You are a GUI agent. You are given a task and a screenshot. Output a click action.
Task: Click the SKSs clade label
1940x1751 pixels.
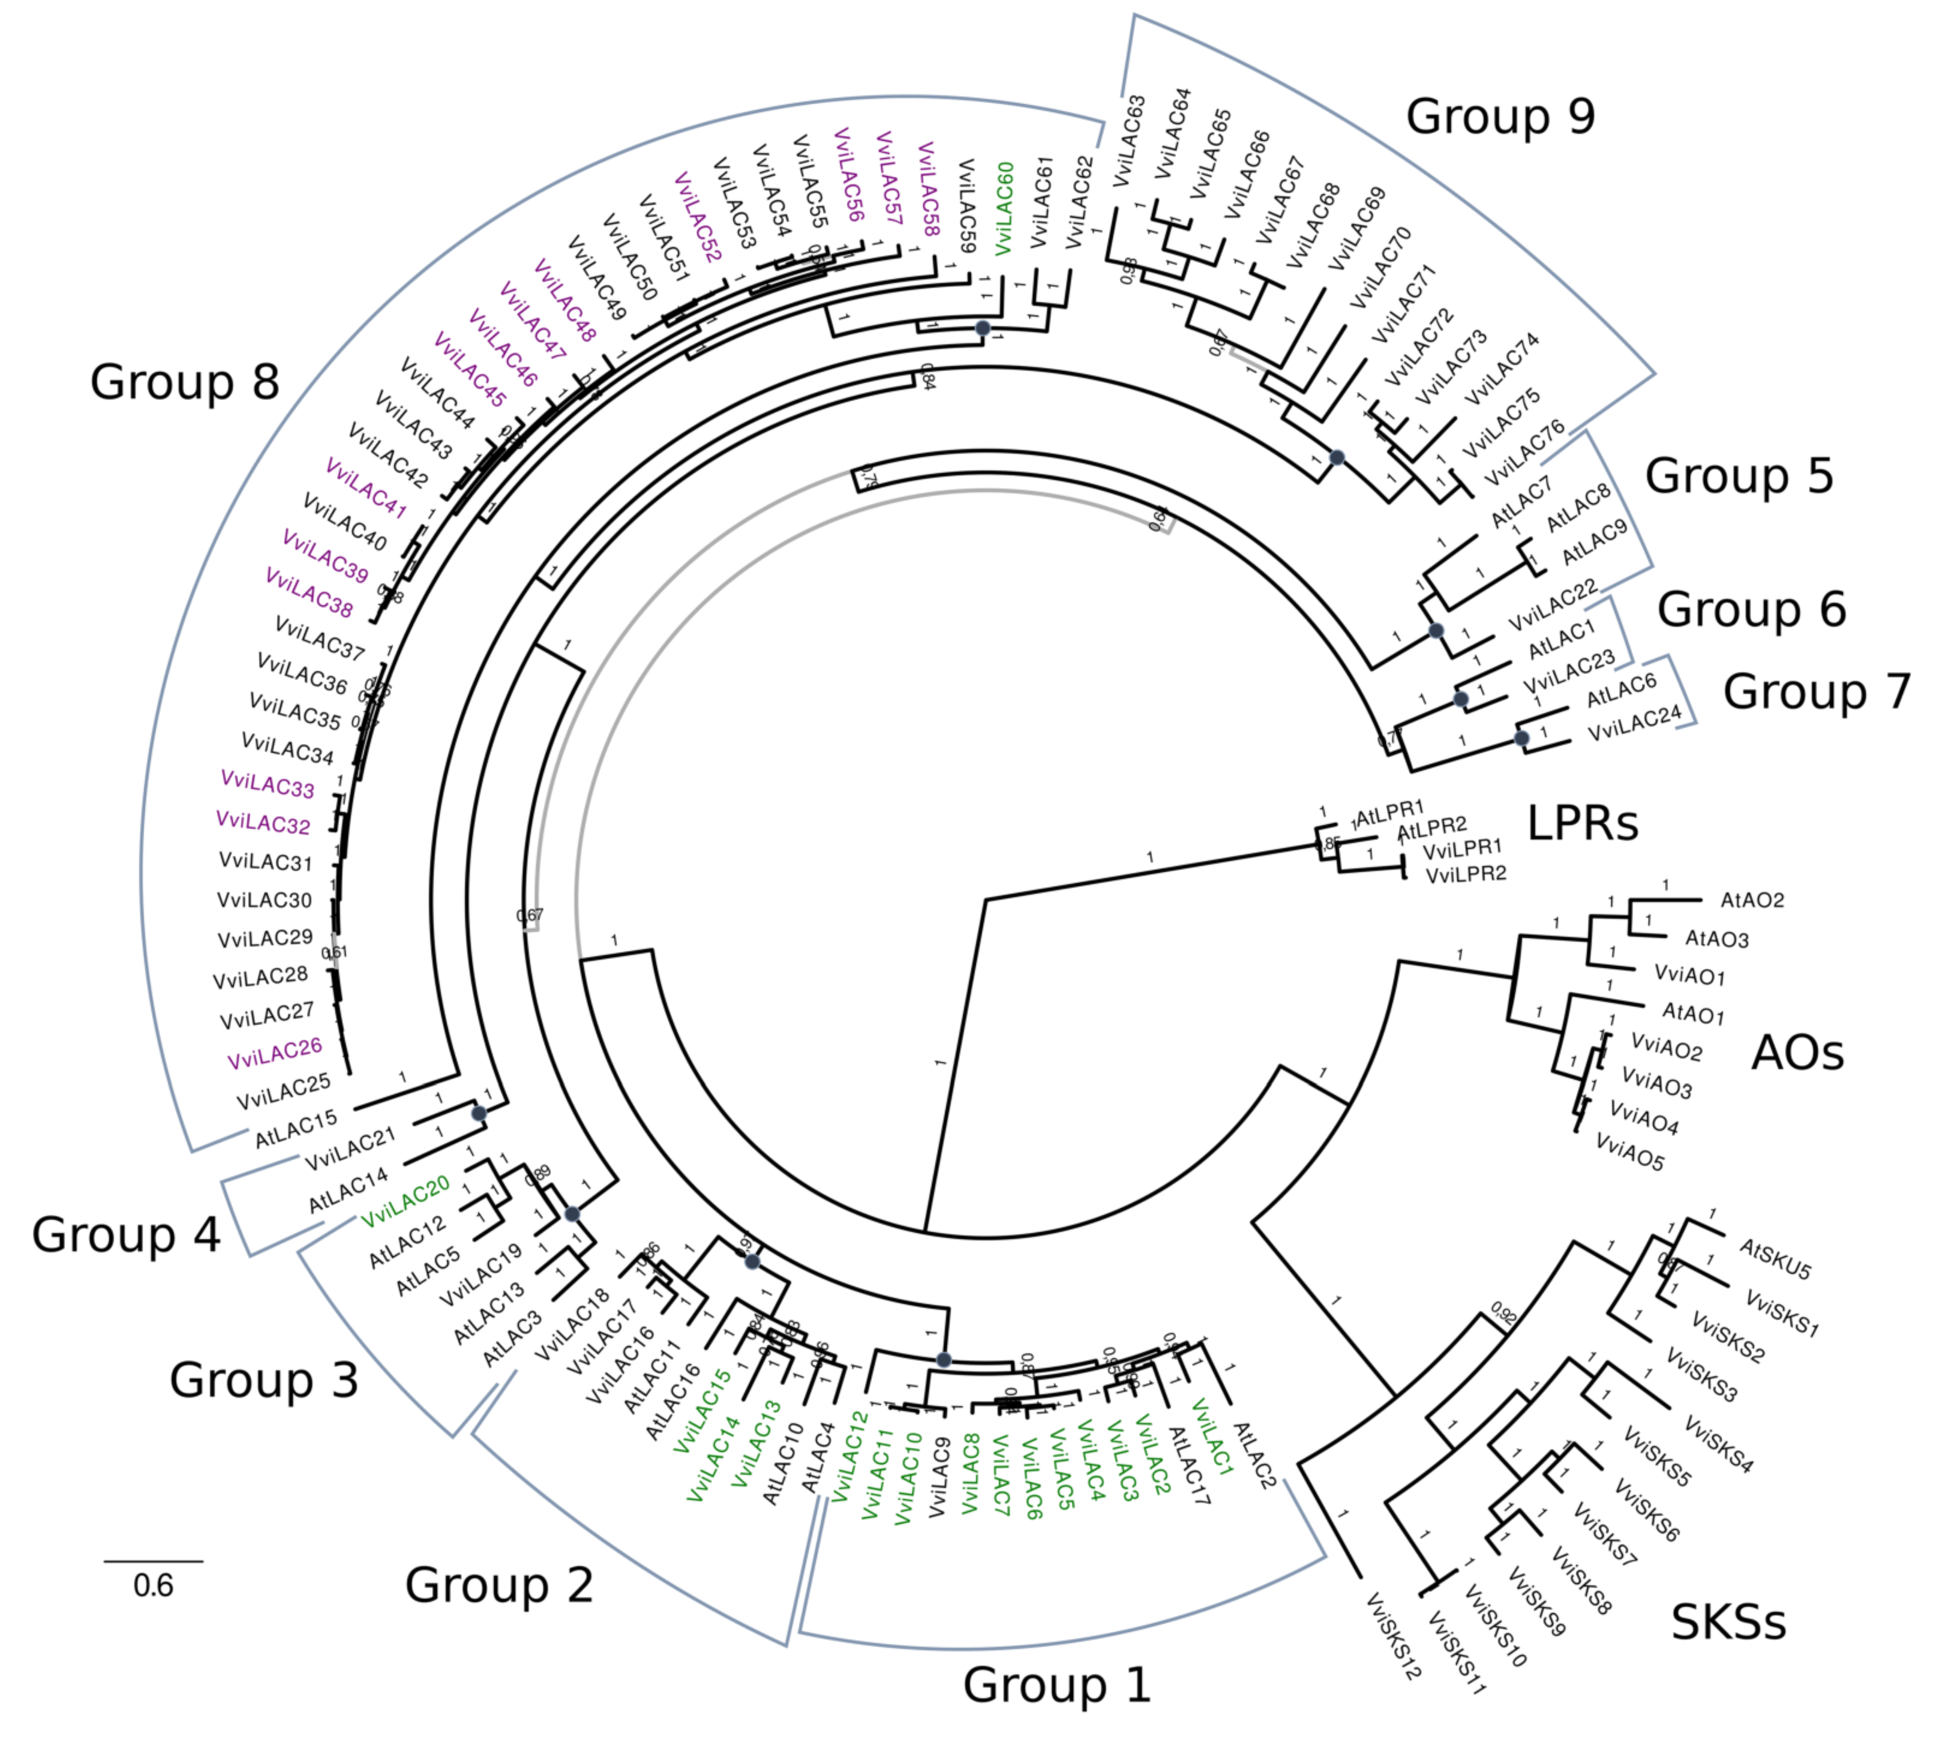click(1728, 1622)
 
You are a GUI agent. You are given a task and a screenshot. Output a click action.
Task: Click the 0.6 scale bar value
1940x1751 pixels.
click(153, 1586)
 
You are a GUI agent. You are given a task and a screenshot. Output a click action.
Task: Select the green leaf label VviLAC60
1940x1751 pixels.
click(1004, 209)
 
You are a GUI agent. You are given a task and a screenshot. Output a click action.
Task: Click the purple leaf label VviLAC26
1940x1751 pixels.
click(274, 1054)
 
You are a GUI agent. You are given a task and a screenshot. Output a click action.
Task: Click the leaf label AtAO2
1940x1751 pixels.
click(1751, 900)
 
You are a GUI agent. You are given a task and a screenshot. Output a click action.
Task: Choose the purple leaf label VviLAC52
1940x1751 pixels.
click(698, 217)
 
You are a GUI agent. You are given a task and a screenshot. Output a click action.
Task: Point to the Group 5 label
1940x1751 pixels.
click(1739, 476)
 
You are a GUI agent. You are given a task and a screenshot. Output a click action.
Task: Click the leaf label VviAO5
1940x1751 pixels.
click(1629, 1152)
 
